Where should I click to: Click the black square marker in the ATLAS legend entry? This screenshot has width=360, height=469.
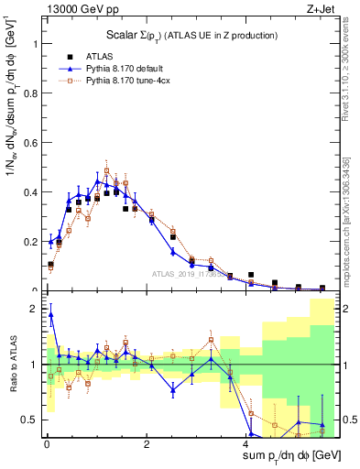tap(69, 57)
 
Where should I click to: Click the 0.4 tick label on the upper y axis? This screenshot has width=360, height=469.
tap(28, 192)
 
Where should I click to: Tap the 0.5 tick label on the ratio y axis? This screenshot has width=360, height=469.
tap(28, 420)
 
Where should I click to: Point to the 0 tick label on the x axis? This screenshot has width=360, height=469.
tap(47, 444)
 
